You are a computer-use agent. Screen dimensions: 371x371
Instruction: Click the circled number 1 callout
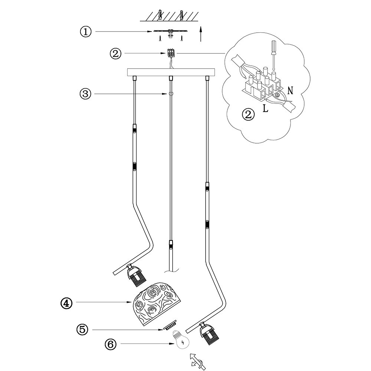(x=86, y=32)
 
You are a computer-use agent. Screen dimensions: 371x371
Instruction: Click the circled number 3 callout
(x=86, y=94)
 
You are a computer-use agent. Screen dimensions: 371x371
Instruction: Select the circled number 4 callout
(x=66, y=303)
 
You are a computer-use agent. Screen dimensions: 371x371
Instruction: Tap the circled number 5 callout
(x=82, y=329)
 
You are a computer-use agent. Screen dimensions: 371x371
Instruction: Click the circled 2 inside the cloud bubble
(x=248, y=114)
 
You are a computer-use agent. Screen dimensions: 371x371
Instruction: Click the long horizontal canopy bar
(x=171, y=72)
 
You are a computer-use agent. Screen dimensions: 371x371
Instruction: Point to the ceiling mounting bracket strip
(x=171, y=31)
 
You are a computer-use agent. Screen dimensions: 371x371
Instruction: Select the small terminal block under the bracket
(x=171, y=53)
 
